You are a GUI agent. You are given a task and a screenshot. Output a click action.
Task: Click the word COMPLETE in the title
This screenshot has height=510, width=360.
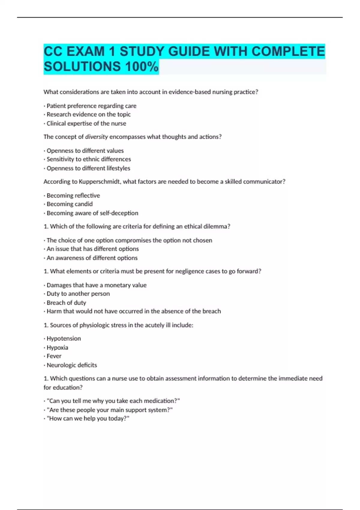[288, 51]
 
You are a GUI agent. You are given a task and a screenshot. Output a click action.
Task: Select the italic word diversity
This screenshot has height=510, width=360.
[96, 137]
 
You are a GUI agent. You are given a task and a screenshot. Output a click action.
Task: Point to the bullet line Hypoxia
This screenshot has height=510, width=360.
[57, 347]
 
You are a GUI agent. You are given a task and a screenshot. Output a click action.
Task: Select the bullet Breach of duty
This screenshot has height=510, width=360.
[66, 302]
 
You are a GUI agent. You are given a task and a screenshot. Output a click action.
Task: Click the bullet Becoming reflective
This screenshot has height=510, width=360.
[73, 195]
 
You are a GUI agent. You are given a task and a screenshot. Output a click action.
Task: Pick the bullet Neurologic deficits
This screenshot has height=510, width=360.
[72, 365]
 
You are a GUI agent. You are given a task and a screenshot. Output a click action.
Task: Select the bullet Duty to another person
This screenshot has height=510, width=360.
[78, 294]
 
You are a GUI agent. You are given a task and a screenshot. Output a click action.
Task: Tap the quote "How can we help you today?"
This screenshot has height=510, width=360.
[88, 418]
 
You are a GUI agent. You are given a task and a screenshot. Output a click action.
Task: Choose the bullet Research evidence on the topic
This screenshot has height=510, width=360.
[88, 114]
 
